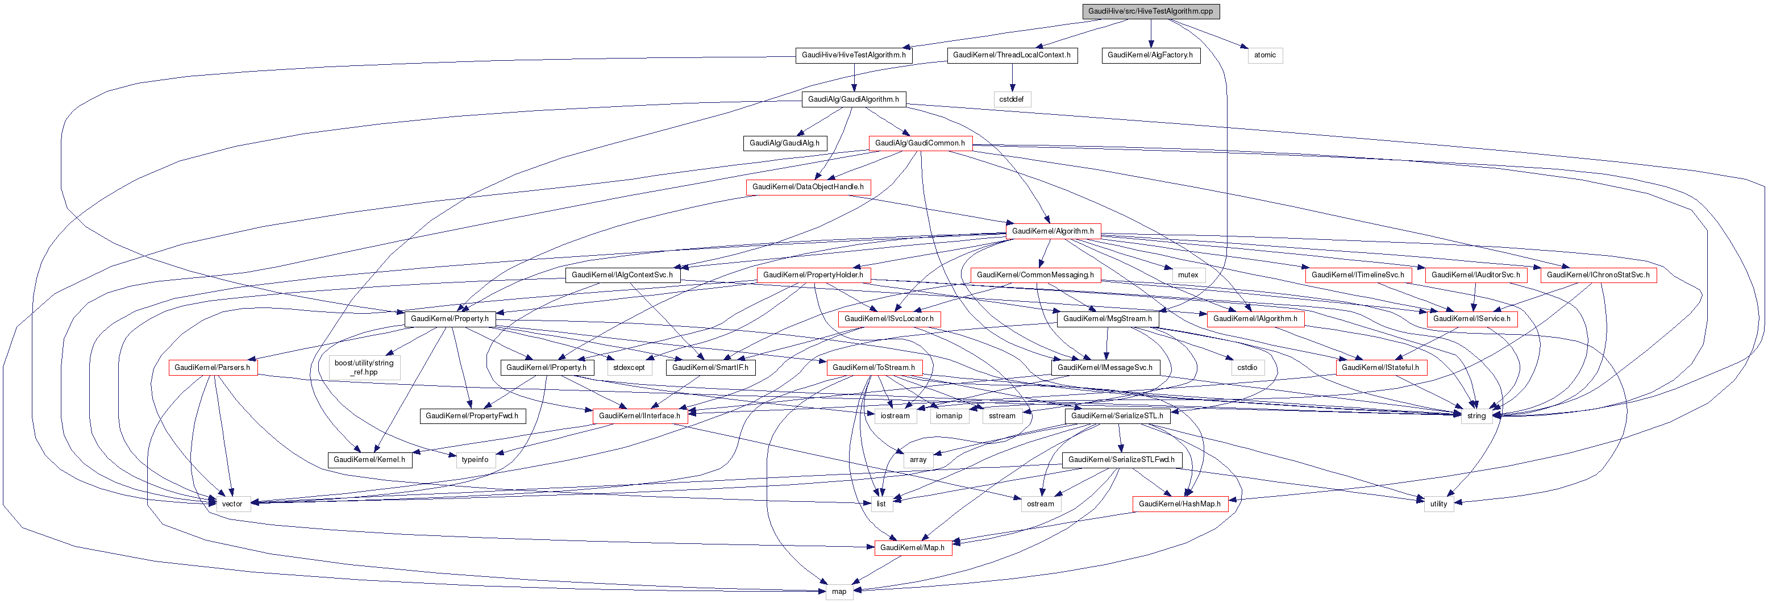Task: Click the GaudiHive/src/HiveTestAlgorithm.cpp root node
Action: pos(1150,11)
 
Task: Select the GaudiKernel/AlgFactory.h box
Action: pos(1150,55)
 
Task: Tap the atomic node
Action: pos(1264,55)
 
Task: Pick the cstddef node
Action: pos(1011,99)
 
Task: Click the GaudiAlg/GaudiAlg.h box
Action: pos(784,143)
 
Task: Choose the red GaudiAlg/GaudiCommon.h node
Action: pos(920,143)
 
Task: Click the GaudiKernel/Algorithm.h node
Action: pos(1053,231)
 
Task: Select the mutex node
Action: pos(1187,275)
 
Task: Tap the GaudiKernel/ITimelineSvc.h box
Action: pos(1358,275)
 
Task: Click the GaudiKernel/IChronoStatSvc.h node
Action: pos(1598,275)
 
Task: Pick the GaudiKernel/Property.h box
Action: pos(450,319)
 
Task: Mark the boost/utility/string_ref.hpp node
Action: pos(364,368)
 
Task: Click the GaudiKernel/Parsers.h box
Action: pos(212,368)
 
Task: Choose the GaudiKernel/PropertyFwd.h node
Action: pos(472,415)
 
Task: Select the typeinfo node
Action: pos(475,460)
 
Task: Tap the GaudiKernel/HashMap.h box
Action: pos(1179,504)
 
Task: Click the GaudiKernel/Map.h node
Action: pos(912,548)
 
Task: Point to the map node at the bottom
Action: pos(839,591)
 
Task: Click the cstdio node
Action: pos(1246,368)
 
